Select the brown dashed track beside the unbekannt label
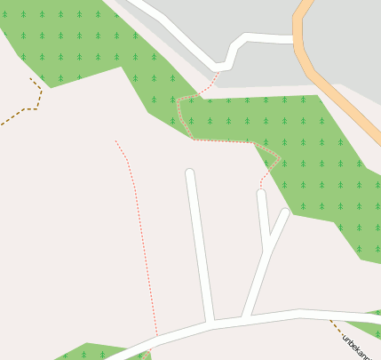pos(336,327)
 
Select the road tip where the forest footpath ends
pos(261,193)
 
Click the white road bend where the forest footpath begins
pos(218,68)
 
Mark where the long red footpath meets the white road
pos(157,338)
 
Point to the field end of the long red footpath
pos(115,140)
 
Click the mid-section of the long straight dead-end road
pos(199,244)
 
